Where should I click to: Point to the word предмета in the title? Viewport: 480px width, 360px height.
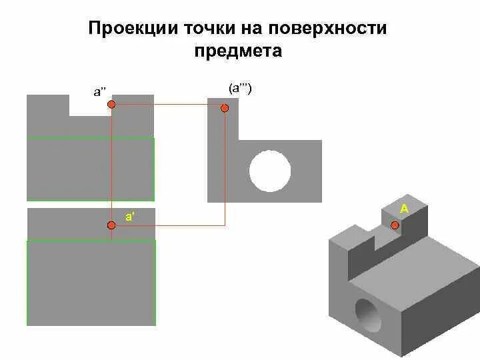[x=239, y=51]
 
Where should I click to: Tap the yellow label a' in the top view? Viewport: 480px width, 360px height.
[x=130, y=216]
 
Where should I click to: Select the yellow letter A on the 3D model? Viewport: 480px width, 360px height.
[x=404, y=209]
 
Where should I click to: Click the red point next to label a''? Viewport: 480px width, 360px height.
[x=111, y=105]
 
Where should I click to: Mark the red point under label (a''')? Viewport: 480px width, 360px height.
[x=225, y=107]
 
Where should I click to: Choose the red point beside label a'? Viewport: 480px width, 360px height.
[x=111, y=225]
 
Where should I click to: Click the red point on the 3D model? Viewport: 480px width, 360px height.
[x=395, y=225]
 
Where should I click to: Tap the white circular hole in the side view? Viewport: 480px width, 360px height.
[x=270, y=171]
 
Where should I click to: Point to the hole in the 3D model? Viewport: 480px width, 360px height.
[x=367, y=315]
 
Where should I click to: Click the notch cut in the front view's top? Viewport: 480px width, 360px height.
[x=90, y=105]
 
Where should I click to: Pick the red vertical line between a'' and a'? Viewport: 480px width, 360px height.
[x=111, y=167]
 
